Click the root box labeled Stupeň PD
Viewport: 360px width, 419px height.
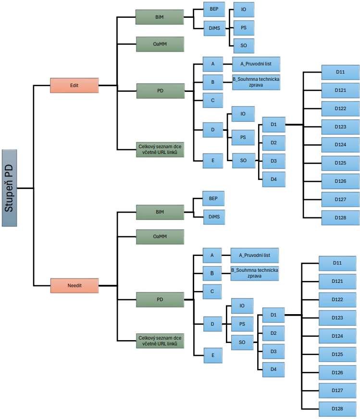[x=9, y=188]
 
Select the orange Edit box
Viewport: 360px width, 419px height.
[x=74, y=86]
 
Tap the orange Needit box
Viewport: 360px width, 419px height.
[x=74, y=286]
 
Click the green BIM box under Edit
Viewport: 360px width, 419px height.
[x=160, y=17]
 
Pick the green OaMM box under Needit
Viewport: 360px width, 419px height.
[x=160, y=237]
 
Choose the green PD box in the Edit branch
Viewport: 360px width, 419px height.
[x=161, y=91]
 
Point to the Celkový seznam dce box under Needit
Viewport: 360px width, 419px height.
[x=160, y=341]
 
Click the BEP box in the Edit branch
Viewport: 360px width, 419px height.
[x=214, y=9]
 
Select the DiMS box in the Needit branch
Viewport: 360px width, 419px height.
[x=214, y=217]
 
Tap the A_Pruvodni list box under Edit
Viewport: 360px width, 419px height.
[x=256, y=64]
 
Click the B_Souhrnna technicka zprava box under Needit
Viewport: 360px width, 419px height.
[x=255, y=273]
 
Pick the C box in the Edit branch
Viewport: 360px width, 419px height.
[x=213, y=101]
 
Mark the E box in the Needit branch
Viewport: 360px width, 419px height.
[x=213, y=356]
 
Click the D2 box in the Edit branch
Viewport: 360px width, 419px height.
[x=274, y=143]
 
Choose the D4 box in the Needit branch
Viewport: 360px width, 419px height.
[x=273, y=369]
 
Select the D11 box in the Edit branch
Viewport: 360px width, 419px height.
[x=340, y=72]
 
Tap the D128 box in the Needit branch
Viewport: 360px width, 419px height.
[x=337, y=409]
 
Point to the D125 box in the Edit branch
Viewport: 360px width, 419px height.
[x=340, y=163]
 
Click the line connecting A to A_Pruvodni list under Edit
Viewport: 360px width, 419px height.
[x=227, y=64]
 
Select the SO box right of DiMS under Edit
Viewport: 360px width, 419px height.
[x=244, y=46]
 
